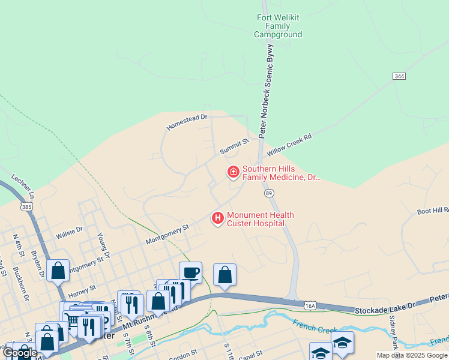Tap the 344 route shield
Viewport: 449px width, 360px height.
399,76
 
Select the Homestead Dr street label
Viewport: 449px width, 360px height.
186,122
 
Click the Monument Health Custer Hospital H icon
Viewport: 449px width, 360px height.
218,218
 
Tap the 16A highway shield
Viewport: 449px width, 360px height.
310,305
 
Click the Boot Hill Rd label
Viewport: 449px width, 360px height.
433,211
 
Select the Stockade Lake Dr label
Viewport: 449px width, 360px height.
385,309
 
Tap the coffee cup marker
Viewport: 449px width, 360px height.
190,273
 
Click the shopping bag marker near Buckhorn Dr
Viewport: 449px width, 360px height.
58,271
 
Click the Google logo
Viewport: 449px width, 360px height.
20,353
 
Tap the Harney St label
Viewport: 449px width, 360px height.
82,292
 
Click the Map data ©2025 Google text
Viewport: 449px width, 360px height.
411,355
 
